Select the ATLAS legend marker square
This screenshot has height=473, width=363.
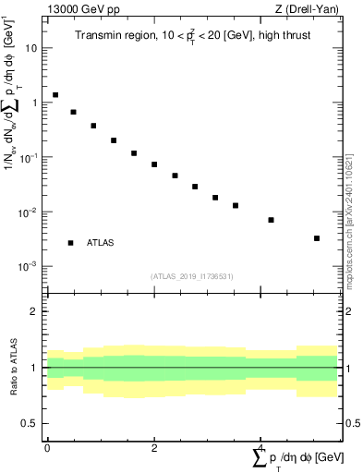point(71,243)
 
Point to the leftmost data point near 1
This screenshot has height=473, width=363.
point(55,95)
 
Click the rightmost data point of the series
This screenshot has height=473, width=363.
point(317,238)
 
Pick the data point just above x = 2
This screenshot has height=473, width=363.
point(154,164)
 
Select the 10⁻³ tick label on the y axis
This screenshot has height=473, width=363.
point(30,266)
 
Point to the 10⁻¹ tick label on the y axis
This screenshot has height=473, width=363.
point(30,157)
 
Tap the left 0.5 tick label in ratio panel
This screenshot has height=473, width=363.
point(30,423)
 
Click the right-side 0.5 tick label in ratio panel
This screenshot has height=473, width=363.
point(352,423)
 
